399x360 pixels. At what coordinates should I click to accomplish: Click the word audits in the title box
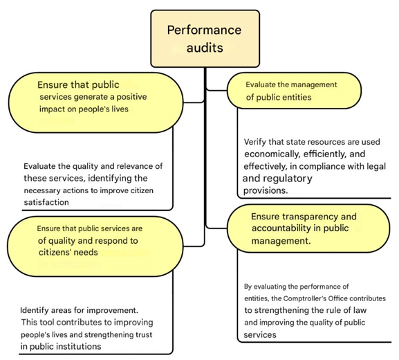[205, 48]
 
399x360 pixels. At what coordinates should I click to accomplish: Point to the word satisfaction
[46, 202]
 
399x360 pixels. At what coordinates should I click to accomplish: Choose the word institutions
[78, 346]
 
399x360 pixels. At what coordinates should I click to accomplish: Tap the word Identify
[35, 310]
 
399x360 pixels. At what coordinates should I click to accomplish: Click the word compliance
[323, 166]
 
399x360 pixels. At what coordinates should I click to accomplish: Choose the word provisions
[266, 190]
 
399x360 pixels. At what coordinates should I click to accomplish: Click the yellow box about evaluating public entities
[294, 91]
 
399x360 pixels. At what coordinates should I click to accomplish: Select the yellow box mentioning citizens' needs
[95, 246]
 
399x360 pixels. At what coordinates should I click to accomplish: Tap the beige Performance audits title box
[205, 39]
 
